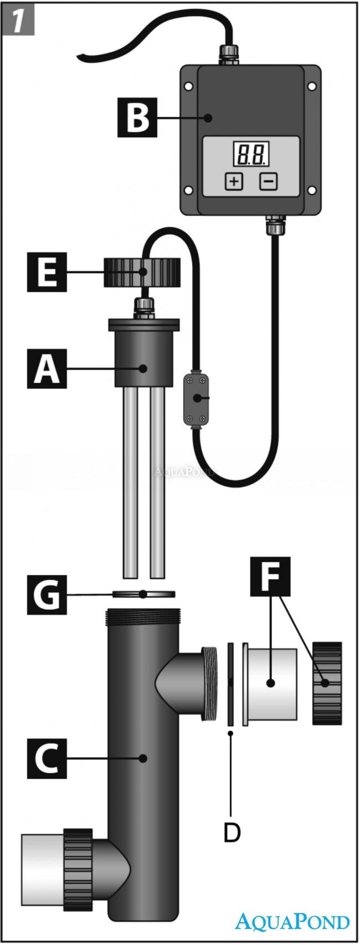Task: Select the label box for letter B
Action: pyautogui.click(x=136, y=117)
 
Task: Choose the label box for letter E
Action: pyautogui.click(x=47, y=272)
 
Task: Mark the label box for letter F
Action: pyautogui.click(x=270, y=577)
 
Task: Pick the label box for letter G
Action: pyautogui.click(x=47, y=594)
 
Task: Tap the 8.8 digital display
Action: pyautogui.click(x=251, y=153)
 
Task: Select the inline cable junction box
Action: pyautogui.click(x=197, y=398)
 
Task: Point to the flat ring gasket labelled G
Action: pyautogui.click(x=144, y=594)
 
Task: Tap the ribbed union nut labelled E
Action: pyautogui.click(x=143, y=272)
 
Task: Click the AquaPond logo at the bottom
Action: pyautogui.click(x=292, y=921)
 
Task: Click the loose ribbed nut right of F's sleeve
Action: pyautogui.click(x=327, y=682)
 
